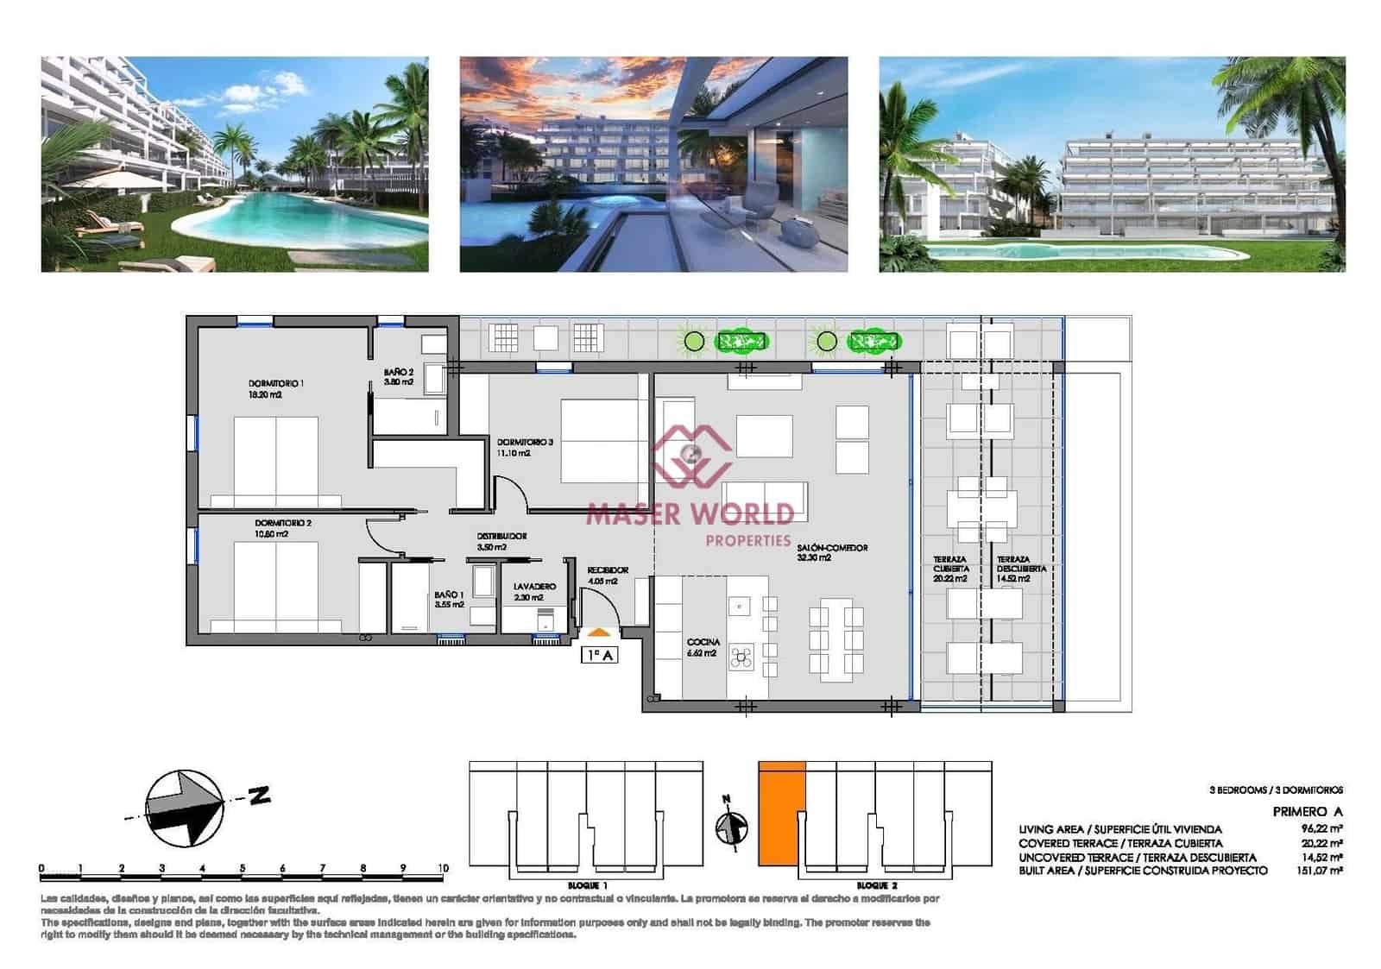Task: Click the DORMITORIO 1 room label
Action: (275, 383)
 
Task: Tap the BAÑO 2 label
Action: (399, 373)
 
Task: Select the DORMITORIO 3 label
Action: (525, 442)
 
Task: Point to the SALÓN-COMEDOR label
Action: (832, 548)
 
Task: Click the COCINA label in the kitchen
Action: (703, 643)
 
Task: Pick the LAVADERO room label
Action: (534, 587)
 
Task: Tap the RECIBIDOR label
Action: (608, 570)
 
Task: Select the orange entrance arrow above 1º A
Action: (598, 633)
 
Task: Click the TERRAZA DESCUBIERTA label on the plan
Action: (1021, 564)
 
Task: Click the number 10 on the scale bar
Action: (443, 868)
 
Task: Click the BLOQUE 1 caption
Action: (587, 885)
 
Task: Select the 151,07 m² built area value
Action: (1321, 871)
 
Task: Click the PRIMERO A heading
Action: (1307, 811)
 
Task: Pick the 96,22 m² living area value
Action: (1321, 828)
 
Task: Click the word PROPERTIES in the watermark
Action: (747, 540)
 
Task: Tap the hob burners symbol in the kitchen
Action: (741, 658)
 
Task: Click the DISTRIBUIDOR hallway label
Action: (501, 536)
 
